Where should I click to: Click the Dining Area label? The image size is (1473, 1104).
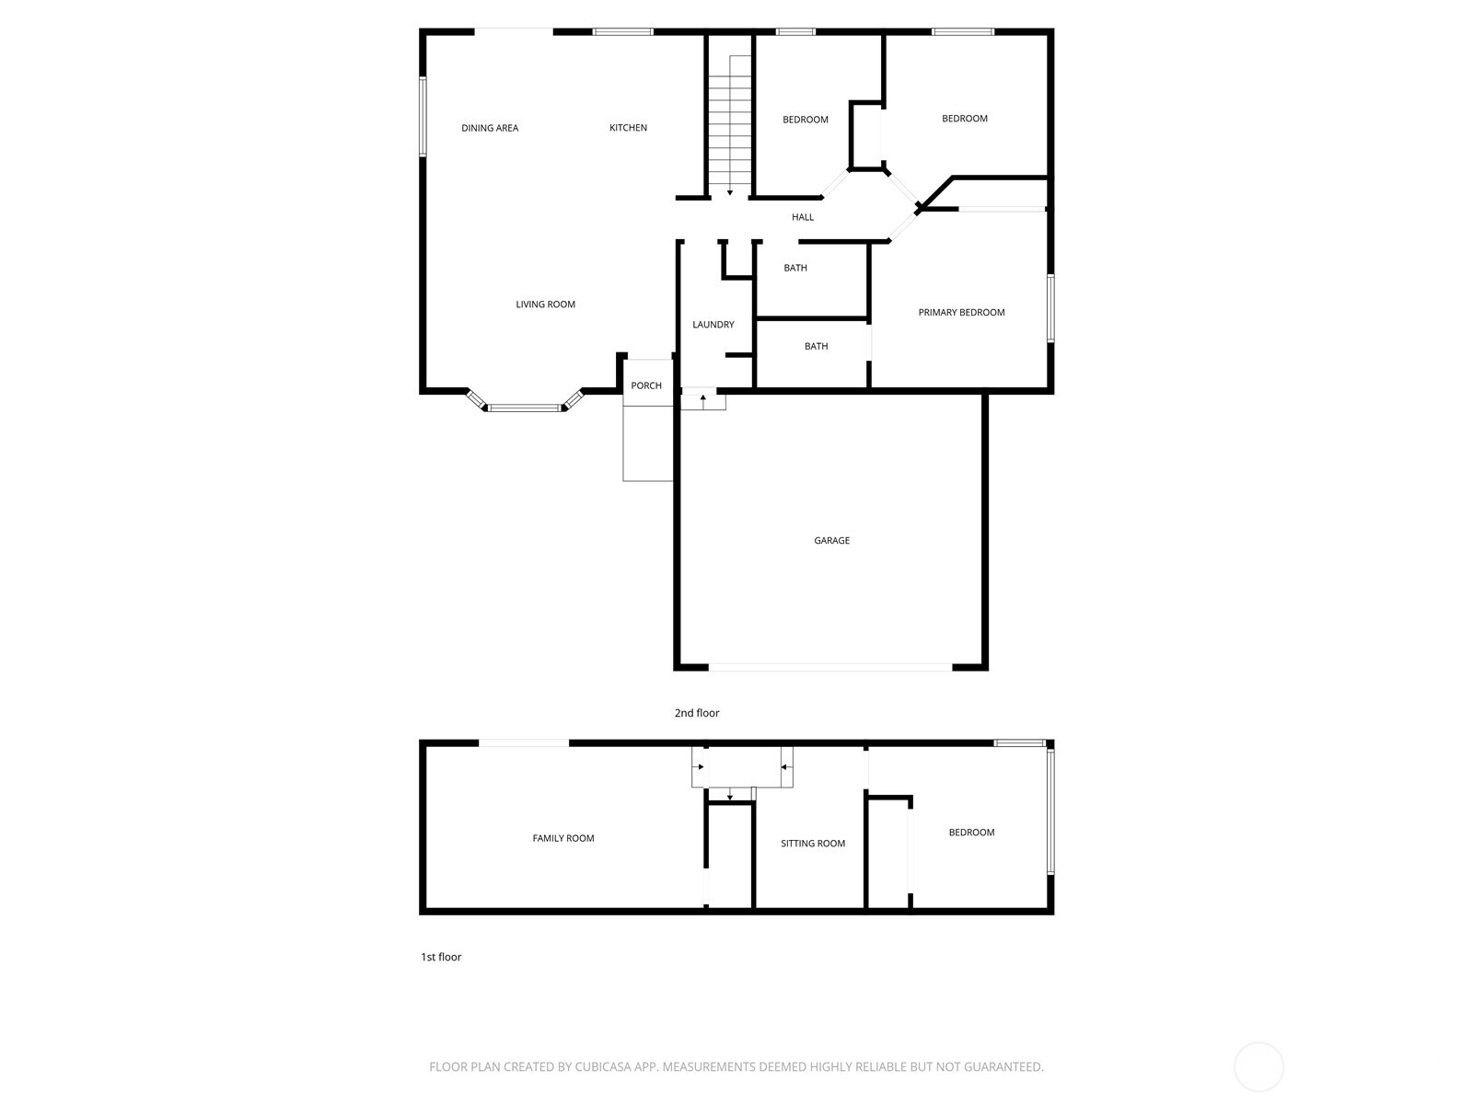pyautogui.click(x=490, y=128)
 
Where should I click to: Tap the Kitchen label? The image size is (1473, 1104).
pyautogui.click(x=628, y=128)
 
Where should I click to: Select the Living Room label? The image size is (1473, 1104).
pyautogui.click(x=545, y=305)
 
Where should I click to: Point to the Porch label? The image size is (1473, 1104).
pyautogui.click(x=646, y=385)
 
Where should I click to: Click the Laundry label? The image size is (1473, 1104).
pyautogui.click(x=713, y=325)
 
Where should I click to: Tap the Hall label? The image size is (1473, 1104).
pyautogui.click(x=803, y=217)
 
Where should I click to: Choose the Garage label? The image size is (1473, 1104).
pyautogui.click(x=831, y=541)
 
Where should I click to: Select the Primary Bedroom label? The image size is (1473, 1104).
pyautogui.click(x=961, y=313)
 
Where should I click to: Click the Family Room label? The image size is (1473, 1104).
pyautogui.click(x=563, y=838)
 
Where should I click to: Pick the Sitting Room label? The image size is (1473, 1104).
pyautogui.click(x=813, y=844)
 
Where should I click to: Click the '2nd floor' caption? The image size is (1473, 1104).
pyautogui.click(x=697, y=713)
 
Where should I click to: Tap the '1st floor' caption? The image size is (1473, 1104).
pyautogui.click(x=441, y=957)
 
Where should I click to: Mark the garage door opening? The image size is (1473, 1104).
pyautogui.click(x=830, y=666)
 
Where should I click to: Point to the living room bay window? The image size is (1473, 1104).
pyautogui.click(x=524, y=407)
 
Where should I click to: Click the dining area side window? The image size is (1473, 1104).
pyautogui.click(x=423, y=117)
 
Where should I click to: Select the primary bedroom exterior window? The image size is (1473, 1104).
pyautogui.click(x=1050, y=308)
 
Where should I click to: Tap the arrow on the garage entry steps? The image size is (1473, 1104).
pyautogui.click(x=703, y=397)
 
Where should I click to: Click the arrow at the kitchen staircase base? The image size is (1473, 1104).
pyautogui.click(x=730, y=192)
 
